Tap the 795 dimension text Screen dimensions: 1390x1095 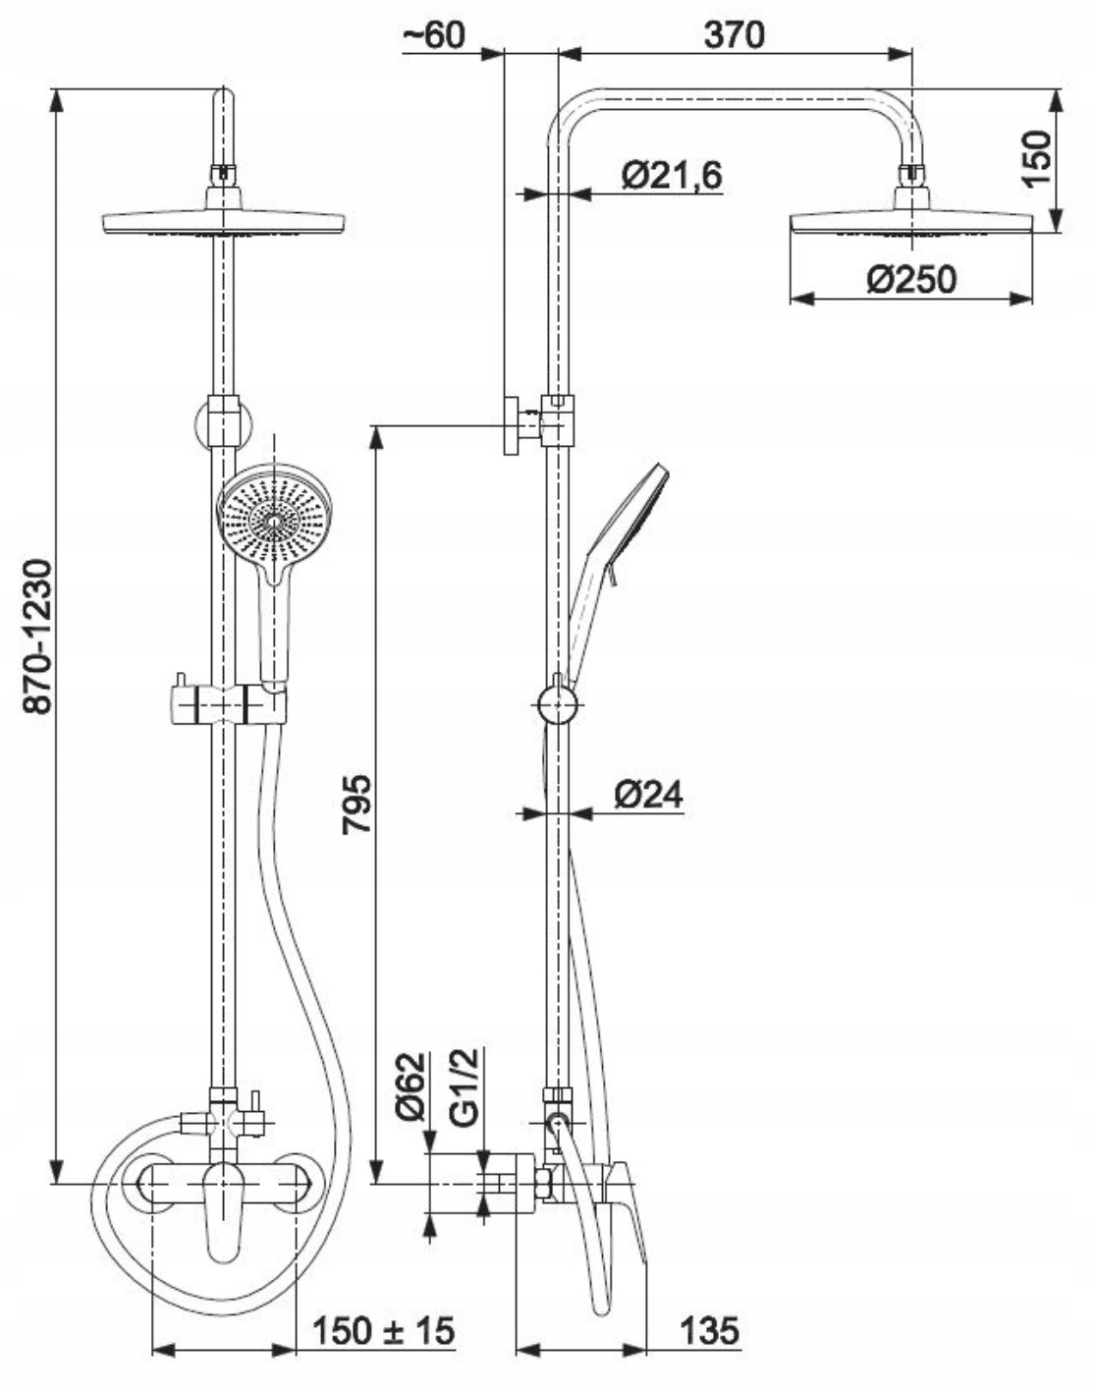pyautogui.click(x=356, y=804)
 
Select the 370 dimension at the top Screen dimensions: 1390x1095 pyautogui.click(x=734, y=35)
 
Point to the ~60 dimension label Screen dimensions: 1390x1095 pyautogui.click(x=432, y=35)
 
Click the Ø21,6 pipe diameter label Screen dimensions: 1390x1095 pyautogui.click(x=672, y=176)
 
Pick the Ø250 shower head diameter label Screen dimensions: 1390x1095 pyautogui.click(x=910, y=280)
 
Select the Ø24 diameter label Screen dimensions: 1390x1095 pyautogui.click(x=649, y=795)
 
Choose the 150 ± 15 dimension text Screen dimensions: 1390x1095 pyautogui.click(x=384, y=1331)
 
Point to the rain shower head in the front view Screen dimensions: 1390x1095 pyautogui.click(x=224, y=221)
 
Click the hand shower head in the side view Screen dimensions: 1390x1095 pyautogui.click(x=639, y=506)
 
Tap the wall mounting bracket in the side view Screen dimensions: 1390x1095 pyautogui.click(x=514, y=425)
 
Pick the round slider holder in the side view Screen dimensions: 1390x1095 pyautogui.click(x=558, y=705)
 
